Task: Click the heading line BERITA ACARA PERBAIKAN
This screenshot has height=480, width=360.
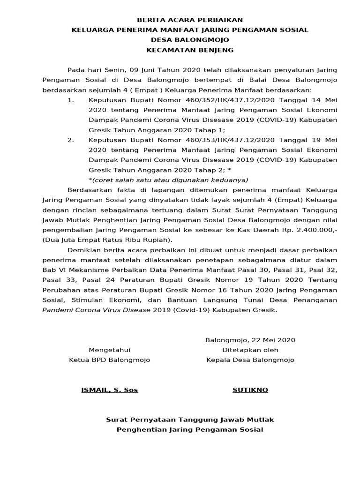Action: (189, 20)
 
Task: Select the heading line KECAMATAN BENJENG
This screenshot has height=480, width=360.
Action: (189, 50)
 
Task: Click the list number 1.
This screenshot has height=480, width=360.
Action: (71, 100)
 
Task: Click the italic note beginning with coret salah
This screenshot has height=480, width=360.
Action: (169, 180)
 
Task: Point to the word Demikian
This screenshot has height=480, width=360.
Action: (83, 250)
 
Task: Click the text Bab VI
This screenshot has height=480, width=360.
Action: (51, 270)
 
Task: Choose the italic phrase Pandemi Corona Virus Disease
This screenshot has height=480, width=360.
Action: (97, 310)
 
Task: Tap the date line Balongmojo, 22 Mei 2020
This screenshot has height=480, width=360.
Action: (250, 340)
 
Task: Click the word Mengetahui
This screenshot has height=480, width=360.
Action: (110, 350)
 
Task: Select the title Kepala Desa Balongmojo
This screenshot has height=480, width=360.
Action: (250, 360)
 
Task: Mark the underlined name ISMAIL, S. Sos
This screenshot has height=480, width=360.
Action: (110, 390)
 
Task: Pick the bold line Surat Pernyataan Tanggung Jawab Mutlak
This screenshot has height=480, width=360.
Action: (190, 420)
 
